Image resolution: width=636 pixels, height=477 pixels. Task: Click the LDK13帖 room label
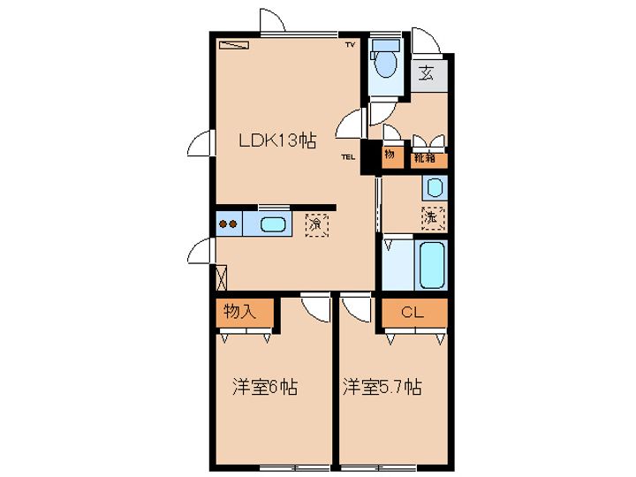pyautogui.click(x=275, y=140)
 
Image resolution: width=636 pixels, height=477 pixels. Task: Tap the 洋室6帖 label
pyautogui.click(x=264, y=387)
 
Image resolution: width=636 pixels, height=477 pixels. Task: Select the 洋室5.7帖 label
pyautogui.click(x=382, y=387)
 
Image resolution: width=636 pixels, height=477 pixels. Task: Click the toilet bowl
pyautogui.click(x=384, y=64)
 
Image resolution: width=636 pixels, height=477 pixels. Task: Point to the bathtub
pyautogui.click(x=432, y=264)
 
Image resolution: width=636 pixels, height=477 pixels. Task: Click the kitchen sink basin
pyautogui.click(x=273, y=224)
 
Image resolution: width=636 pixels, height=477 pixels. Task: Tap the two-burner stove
pyautogui.click(x=228, y=223)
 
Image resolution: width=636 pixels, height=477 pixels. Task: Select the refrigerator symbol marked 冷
pyautogui.click(x=314, y=224)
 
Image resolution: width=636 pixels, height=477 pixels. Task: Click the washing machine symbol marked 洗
pyautogui.click(x=432, y=215)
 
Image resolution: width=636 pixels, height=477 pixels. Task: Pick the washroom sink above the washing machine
pyautogui.click(x=433, y=186)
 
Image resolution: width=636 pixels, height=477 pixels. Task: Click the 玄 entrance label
pyautogui.click(x=427, y=74)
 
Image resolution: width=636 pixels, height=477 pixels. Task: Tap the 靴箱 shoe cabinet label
pyautogui.click(x=425, y=159)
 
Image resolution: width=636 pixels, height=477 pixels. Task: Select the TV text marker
pyautogui.click(x=350, y=44)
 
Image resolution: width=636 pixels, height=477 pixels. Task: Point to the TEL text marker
pyautogui.click(x=348, y=158)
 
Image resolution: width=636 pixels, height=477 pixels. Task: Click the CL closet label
pyautogui.click(x=412, y=312)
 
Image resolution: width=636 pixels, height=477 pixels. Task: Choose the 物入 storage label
pyautogui.click(x=238, y=312)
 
